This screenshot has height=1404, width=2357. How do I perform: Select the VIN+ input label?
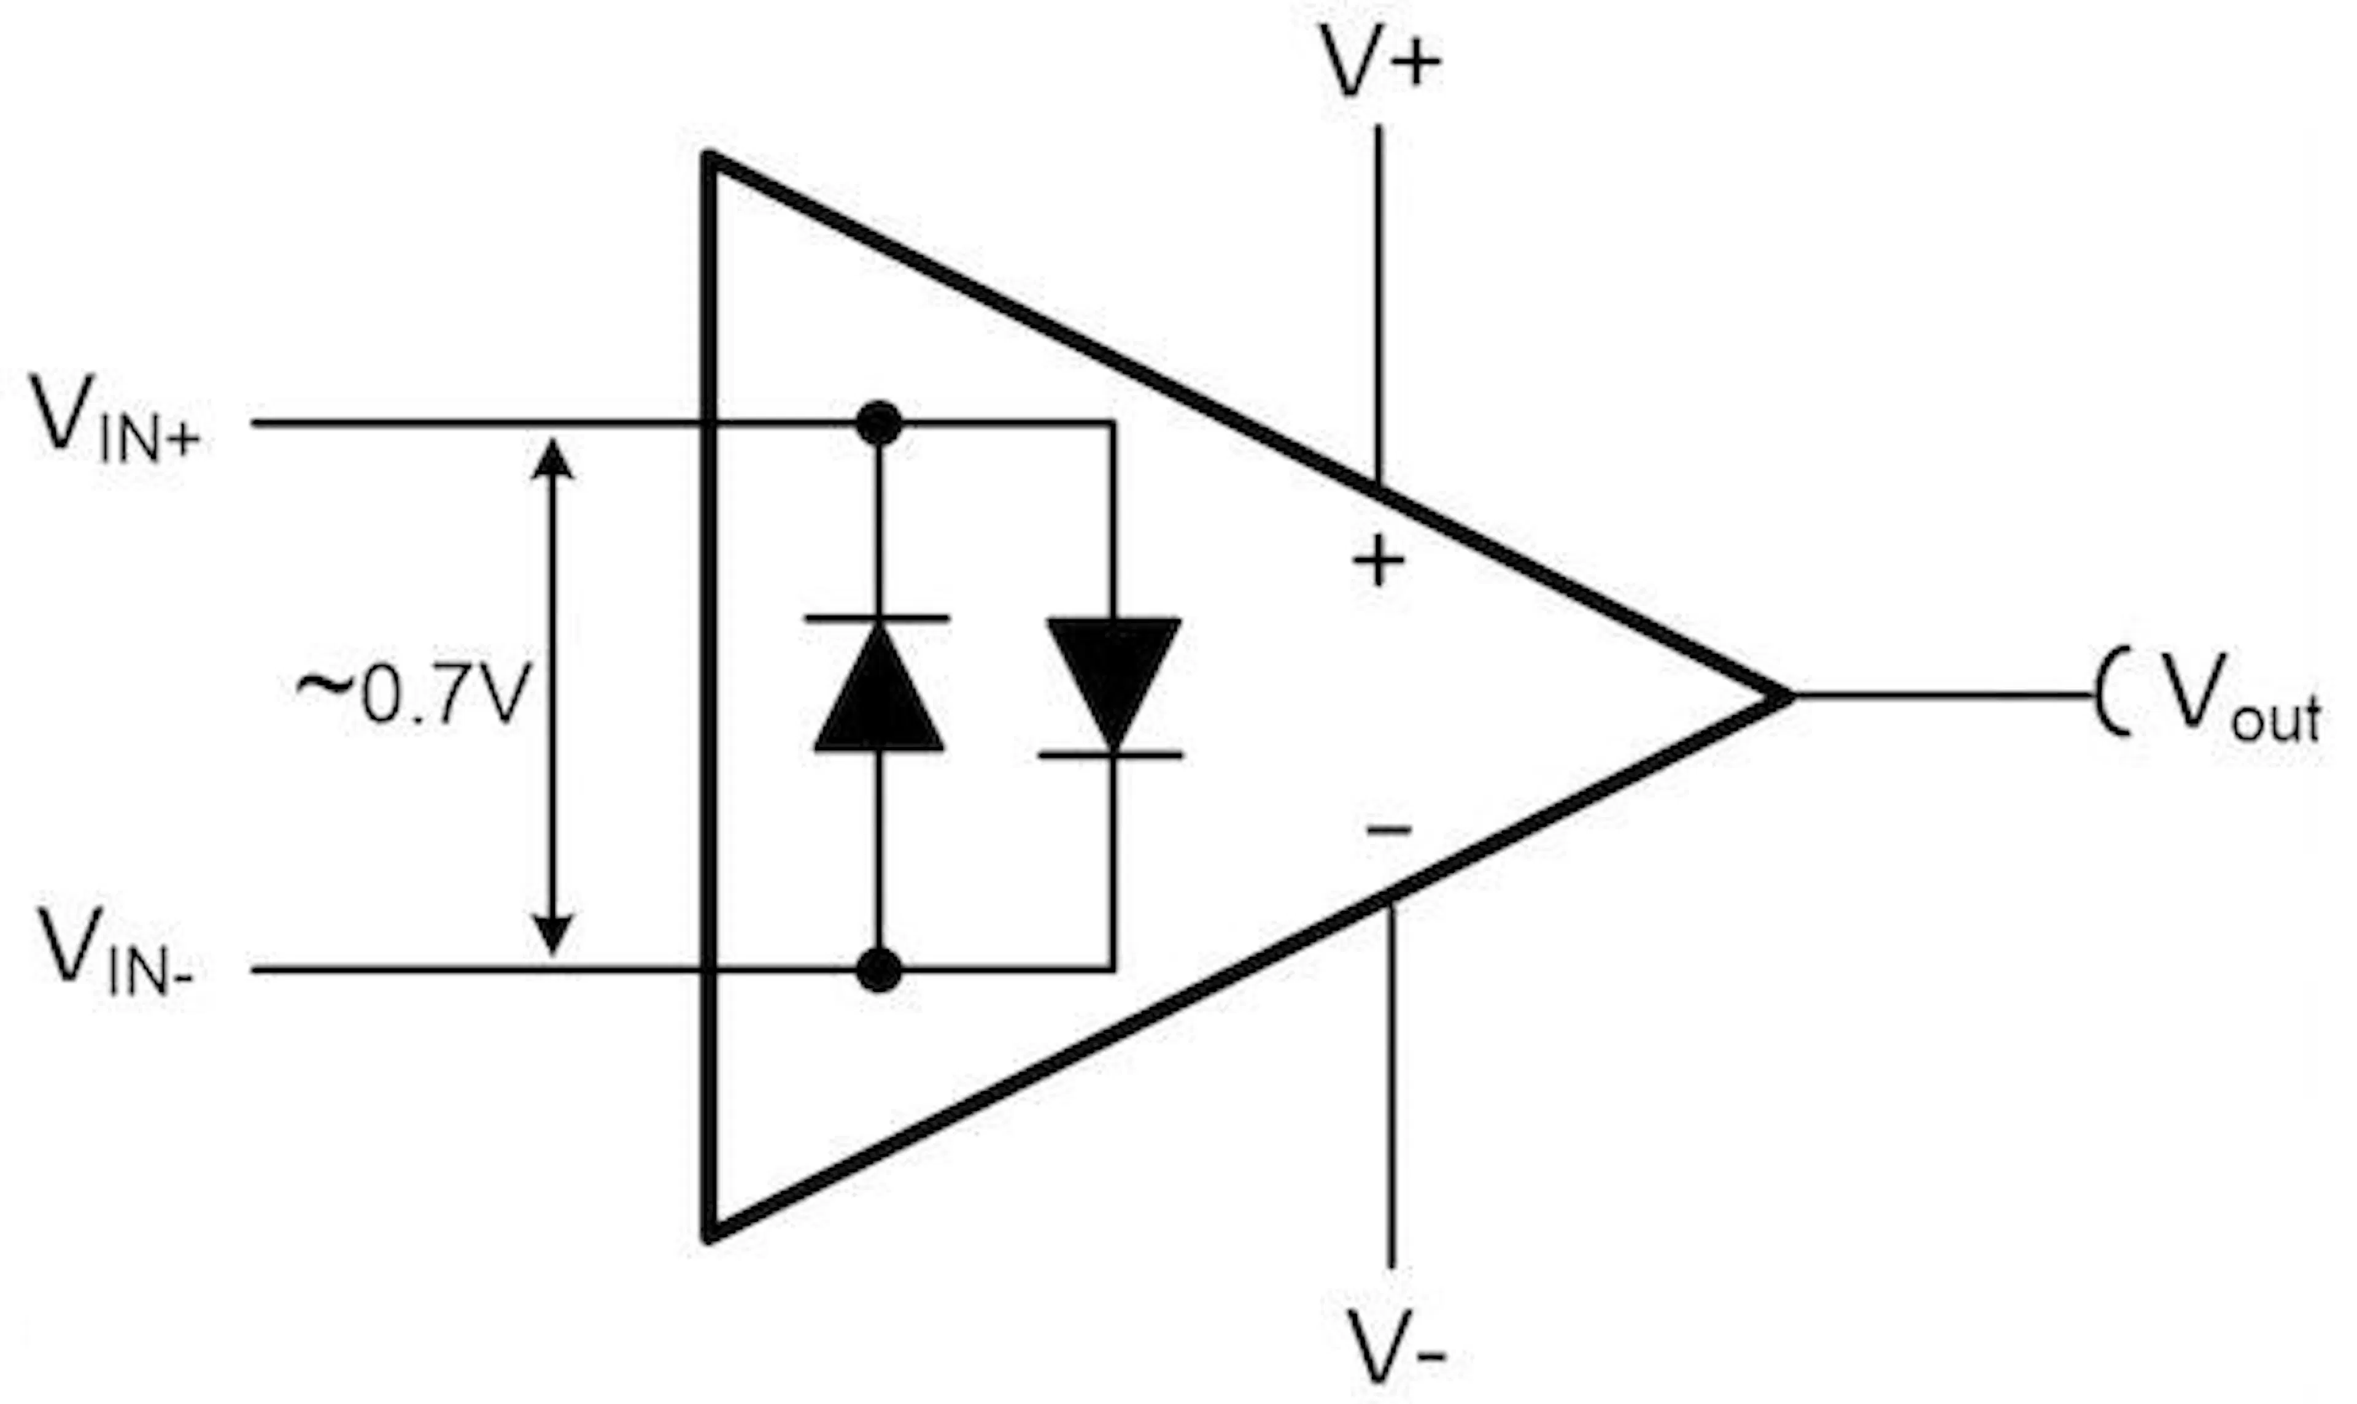point(115,418)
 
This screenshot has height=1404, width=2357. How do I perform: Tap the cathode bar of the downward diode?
point(1112,755)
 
